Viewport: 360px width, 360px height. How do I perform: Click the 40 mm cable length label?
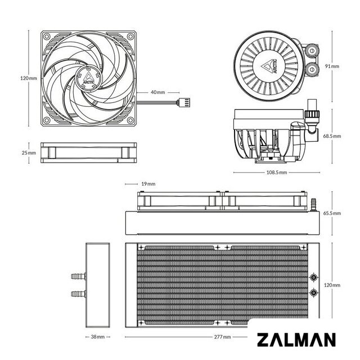(x=157, y=92)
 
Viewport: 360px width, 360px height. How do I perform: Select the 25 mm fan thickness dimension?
(x=29, y=152)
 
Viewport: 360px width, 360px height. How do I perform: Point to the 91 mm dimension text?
(x=332, y=66)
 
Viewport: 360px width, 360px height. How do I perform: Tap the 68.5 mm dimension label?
(x=332, y=136)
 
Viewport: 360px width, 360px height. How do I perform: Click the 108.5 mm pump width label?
(x=277, y=172)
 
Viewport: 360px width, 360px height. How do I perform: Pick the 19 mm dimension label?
(x=148, y=184)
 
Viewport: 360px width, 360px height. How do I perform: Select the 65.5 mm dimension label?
(x=332, y=213)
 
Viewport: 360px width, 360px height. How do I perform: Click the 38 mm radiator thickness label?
(x=97, y=337)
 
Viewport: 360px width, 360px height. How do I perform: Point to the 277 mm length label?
(x=222, y=337)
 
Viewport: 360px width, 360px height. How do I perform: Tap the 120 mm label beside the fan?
(x=29, y=78)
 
